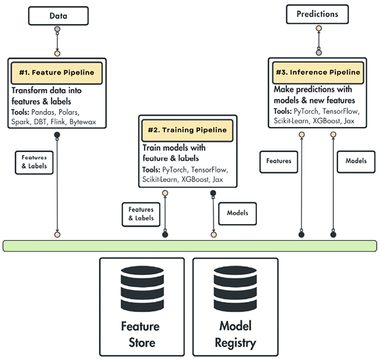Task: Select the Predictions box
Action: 318,13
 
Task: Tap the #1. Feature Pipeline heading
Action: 56,73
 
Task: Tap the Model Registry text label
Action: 237,336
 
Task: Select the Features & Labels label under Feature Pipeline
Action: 34,161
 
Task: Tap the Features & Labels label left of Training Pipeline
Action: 141,213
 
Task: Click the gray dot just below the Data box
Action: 57,29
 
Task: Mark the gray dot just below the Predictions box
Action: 318,52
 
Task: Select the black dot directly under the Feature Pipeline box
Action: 57,134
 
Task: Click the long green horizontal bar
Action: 189,246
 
